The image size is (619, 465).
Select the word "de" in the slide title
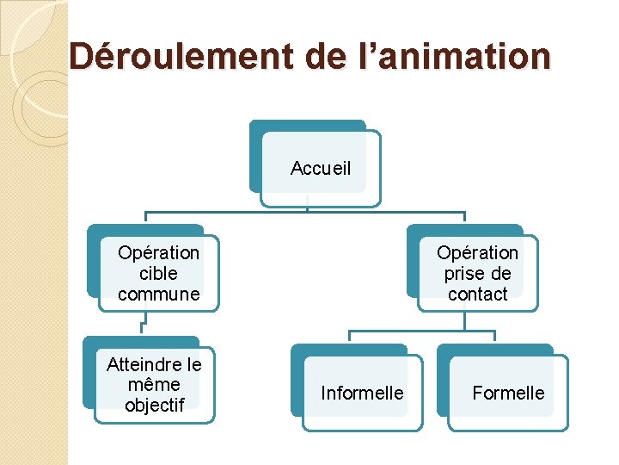pos(322,57)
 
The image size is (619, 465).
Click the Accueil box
pos(320,169)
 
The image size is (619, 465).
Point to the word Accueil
pos(321,169)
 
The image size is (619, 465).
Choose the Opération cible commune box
pos(158,273)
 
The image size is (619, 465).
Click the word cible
pos(158,274)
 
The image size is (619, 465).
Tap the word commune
pos(158,294)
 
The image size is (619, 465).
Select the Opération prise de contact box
pos(477,273)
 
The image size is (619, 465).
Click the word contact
pos(477,294)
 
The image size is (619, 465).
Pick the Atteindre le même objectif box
pos(154,384)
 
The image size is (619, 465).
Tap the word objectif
pos(154,405)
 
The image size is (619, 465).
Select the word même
pos(154,385)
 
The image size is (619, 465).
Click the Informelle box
pos(361,393)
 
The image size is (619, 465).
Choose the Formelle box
pos(508,393)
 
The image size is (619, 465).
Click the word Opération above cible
pos(158,253)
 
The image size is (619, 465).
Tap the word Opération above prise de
pos(477,253)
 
